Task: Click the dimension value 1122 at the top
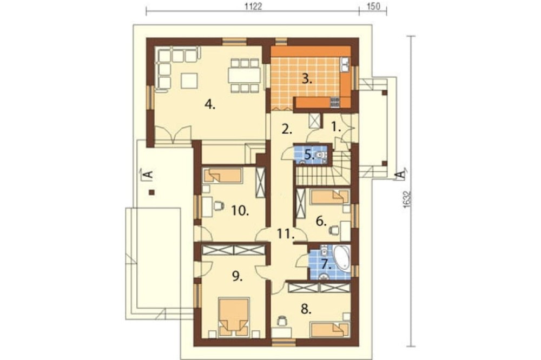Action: pyautogui.click(x=253, y=6)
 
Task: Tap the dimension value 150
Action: pyautogui.click(x=373, y=6)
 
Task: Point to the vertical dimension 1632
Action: pyautogui.click(x=407, y=199)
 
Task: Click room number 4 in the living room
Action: pyautogui.click(x=209, y=104)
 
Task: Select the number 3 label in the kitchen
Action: pyautogui.click(x=307, y=79)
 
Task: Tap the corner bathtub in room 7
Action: pyautogui.click(x=341, y=257)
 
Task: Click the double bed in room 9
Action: pyautogui.click(x=234, y=317)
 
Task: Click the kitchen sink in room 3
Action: pyautogui.click(x=345, y=65)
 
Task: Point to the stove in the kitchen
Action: pyautogui.click(x=335, y=102)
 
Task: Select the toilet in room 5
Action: pyautogui.click(x=321, y=156)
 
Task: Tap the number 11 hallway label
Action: pyautogui.click(x=286, y=234)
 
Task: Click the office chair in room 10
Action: pyautogui.click(x=219, y=206)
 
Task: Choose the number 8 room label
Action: pyautogui.click(x=306, y=309)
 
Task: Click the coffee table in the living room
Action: pyautogui.click(x=189, y=81)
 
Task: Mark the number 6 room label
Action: pyautogui.click(x=321, y=221)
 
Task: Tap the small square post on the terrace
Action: pyautogui.click(x=151, y=192)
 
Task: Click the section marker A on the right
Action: pyautogui.click(x=401, y=174)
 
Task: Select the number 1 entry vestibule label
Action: pyautogui.click(x=337, y=128)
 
